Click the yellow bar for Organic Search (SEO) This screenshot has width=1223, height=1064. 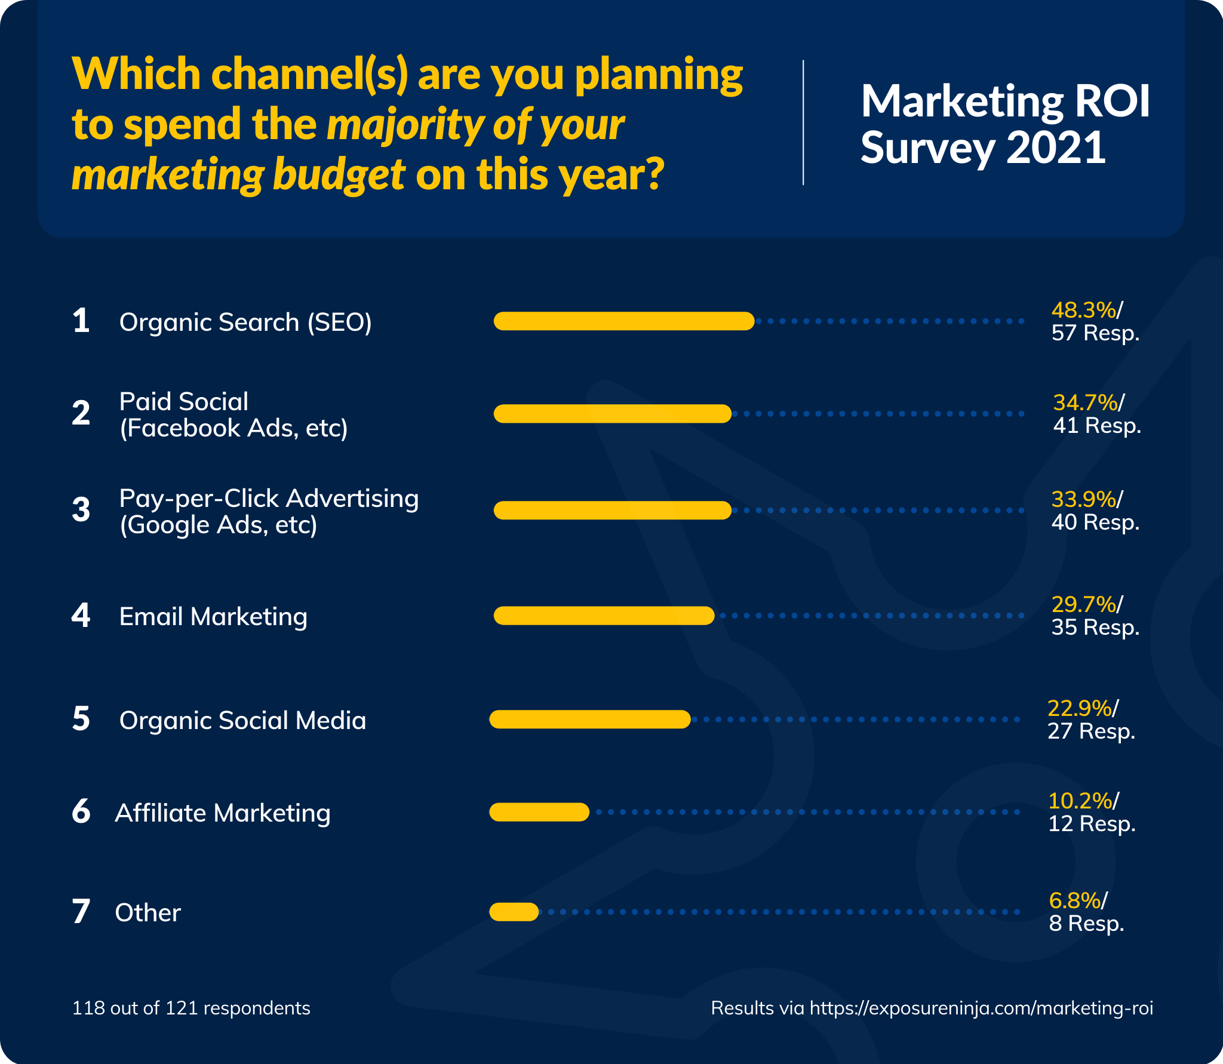[x=624, y=321]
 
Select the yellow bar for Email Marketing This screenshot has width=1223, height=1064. [x=604, y=616]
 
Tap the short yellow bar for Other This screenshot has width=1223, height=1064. [x=514, y=912]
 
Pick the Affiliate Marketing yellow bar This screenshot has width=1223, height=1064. [x=539, y=812]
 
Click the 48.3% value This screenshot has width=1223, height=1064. [x=1083, y=310]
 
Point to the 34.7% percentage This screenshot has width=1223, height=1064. [x=1085, y=402]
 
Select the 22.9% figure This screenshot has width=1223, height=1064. [x=1080, y=708]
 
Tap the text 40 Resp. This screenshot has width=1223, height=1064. [x=1095, y=522]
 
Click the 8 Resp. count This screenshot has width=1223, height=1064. [x=1087, y=924]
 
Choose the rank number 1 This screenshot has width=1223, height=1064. [x=81, y=321]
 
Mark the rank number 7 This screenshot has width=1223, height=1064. [x=81, y=912]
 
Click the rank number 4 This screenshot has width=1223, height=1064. [x=81, y=616]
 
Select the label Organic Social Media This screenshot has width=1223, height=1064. [x=242, y=720]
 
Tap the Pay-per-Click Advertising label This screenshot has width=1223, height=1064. [x=269, y=499]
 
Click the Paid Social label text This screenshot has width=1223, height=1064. [x=184, y=402]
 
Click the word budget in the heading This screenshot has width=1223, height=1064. [x=339, y=175]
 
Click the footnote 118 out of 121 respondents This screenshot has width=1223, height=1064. [x=191, y=1008]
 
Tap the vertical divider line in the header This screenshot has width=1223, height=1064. [x=803, y=122]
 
